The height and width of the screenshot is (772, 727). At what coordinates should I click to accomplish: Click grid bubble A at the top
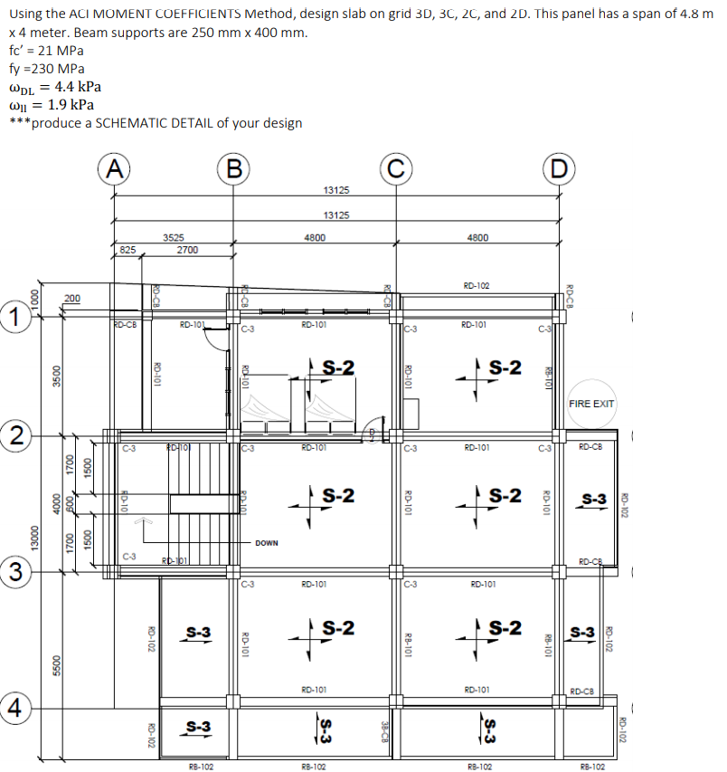[x=113, y=169]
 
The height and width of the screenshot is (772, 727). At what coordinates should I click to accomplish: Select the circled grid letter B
[x=234, y=169]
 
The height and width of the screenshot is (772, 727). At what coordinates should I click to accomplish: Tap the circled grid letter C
[x=395, y=169]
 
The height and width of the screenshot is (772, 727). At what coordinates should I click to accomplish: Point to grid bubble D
[x=557, y=169]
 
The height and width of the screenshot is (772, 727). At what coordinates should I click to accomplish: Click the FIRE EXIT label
[x=591, y=404]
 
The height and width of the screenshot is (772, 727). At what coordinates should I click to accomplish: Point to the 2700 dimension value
[x=188, y=249]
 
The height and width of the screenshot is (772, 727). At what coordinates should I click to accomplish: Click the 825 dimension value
[x=127, y=249]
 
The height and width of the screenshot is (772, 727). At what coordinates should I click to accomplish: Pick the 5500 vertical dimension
[x=56, y=665]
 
